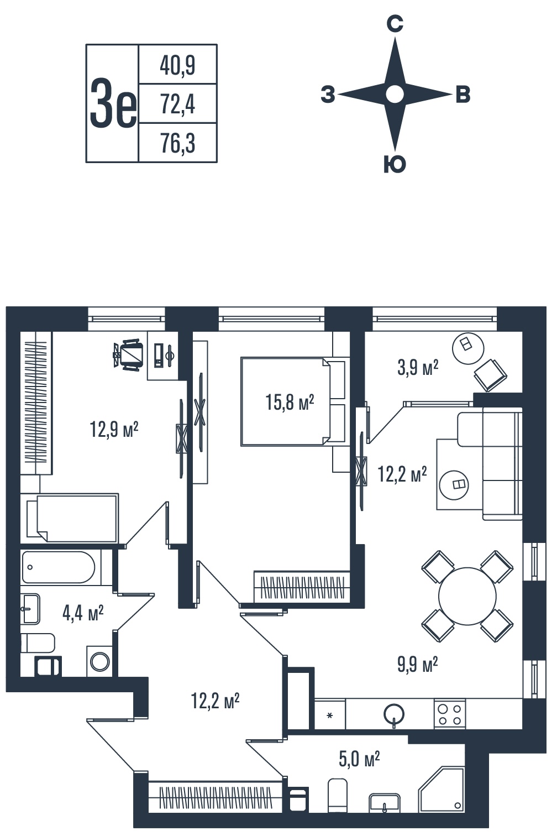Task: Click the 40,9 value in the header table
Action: click(x=177, y=66)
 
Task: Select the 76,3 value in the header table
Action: click(x=178, y=143)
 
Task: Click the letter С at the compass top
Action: click(x=395, y=25)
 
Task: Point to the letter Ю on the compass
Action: click(x=395, y=164)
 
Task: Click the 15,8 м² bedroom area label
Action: click(x=290, y=403)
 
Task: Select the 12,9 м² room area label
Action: click(x=114, y=429)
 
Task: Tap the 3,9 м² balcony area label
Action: click(x=417, y=368)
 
